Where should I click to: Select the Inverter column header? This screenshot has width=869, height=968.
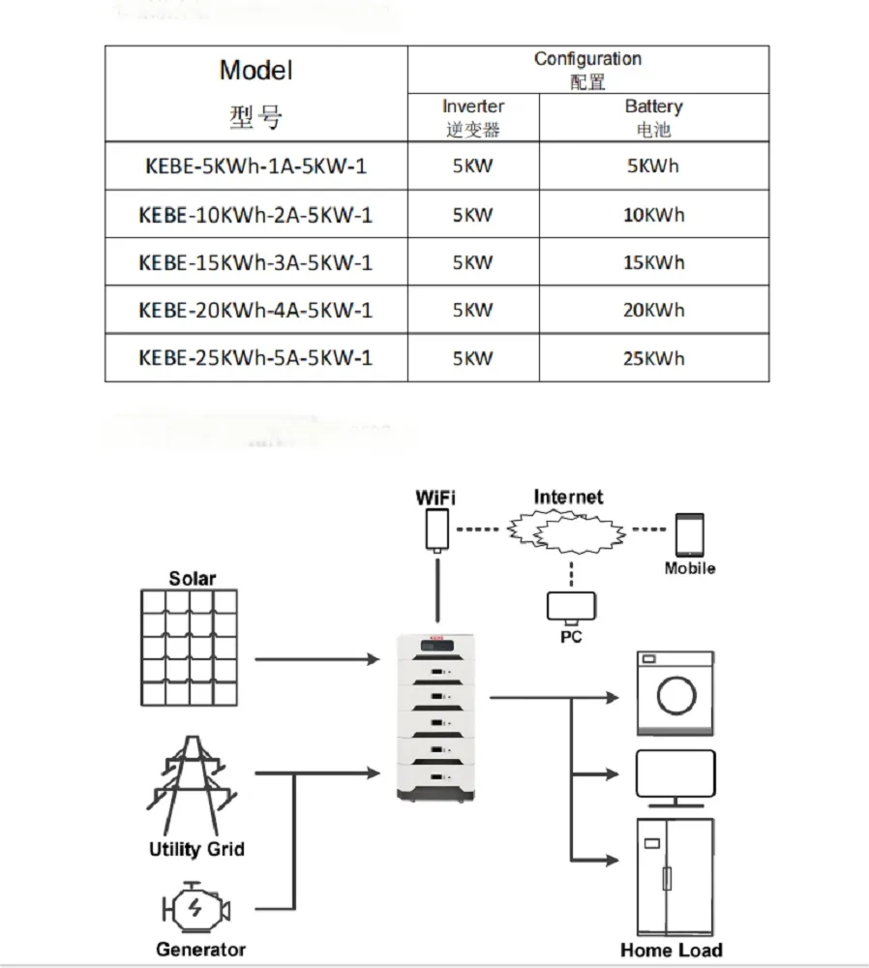click(x=473, y=116)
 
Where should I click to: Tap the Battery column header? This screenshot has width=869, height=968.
click(x=653, y=116)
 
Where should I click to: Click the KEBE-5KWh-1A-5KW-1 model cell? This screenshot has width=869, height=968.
click(x=255, y=166)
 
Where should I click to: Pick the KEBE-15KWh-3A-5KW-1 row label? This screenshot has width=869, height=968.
click(x=255, y=262)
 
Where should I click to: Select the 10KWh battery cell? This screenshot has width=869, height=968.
click(x=653, y=215)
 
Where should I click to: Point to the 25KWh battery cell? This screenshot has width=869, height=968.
click(x=653, y=358)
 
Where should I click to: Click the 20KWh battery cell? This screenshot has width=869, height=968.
click(x=653, y=311)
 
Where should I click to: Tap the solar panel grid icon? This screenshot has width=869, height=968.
click(x=192, y=648)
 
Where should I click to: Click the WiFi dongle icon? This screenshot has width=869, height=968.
click(x=436, y=530)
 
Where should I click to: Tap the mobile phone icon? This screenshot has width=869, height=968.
click(x=689, y=533)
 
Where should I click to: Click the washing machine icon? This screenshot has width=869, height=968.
click(x=674, y=693)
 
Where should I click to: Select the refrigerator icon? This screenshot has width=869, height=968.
click(x=674, y=875)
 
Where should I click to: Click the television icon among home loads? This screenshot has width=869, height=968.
click(x=674, y=777)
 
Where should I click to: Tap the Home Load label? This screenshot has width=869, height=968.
click(x=671, y=950)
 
